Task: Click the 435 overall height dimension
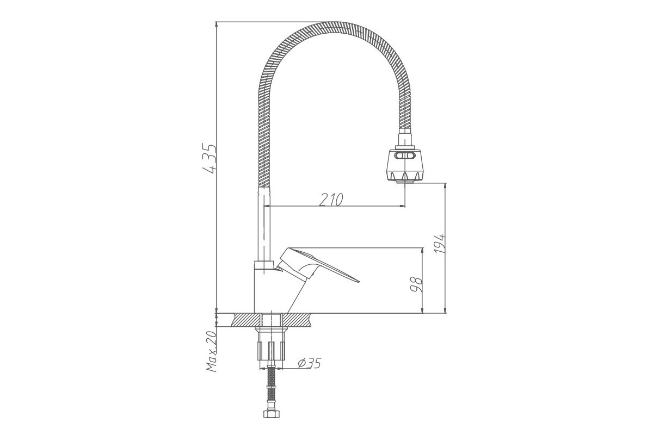point(210,158)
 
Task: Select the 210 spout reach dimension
point(331,200)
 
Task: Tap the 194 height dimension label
point(440,243)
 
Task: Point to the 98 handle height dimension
point(416,285)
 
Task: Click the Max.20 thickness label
point(212,352)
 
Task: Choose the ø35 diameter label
point(309,363)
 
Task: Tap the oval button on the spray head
point(405,156)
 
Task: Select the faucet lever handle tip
point(359,282)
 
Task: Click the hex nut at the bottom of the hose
point(272,414)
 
